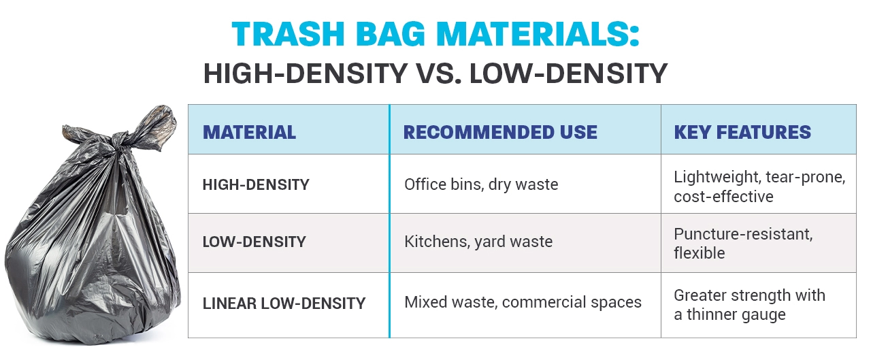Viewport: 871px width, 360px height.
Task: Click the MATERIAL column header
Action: (x=249, y=132)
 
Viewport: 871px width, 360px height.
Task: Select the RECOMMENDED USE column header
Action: (x=500, y=132)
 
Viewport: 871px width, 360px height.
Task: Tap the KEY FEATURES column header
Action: (x=742, y=132)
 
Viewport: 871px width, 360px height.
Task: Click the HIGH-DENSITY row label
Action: (x=256, y=184)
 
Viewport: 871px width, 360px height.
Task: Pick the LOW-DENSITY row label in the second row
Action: (x=254, y=242)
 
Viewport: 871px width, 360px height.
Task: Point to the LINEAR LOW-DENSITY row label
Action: (x=284, y=303)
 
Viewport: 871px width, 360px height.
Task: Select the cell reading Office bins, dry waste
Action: (x=480, y=184)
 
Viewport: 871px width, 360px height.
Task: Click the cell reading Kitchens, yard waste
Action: (x=478, y=242)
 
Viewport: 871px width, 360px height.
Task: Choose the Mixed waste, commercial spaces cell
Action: (x=523, y=302)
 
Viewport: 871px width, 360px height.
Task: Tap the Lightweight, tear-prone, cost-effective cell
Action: (x=759, y=186)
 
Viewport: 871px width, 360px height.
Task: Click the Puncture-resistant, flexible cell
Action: (x=743, y=244)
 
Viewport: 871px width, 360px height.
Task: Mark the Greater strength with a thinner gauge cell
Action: (x=749, y=305)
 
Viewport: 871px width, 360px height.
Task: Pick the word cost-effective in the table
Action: (x=723, y=197)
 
